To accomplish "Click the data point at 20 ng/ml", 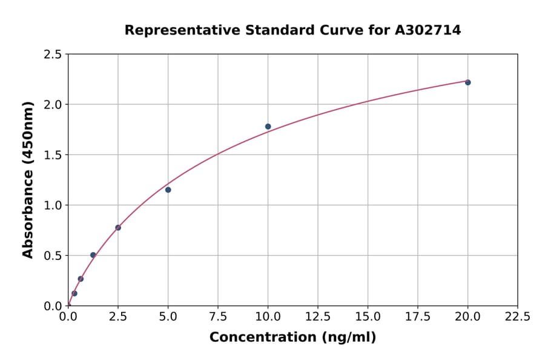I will tap(467, 82).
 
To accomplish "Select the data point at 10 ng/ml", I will tap(268, 127).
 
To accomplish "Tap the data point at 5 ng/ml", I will tap(168, 190).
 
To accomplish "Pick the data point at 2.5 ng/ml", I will tap(118, 228).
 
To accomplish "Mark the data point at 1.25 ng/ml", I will tap(93, 255).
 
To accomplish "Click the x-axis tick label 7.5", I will tap(218, 316).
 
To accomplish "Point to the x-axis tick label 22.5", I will tap(517, 316).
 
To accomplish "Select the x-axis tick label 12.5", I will tap(318, 316).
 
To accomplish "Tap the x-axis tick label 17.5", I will tap(418, 316).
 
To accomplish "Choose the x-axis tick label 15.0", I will tap(368, 316).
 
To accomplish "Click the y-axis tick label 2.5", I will tap(53, 55).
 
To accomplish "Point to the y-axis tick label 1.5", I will tap(53, 155).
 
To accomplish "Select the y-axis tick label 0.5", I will tap(53, 256).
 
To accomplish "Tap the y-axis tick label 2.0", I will tap(53, 105).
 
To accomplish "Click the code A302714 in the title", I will tap(428, 30).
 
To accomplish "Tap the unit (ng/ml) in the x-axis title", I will tap(348, 338).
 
